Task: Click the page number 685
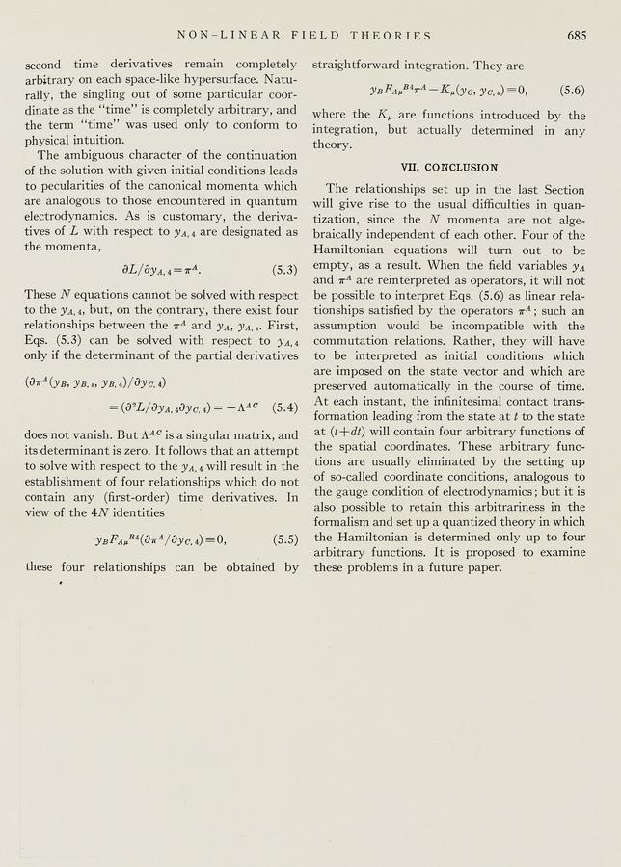click(577, 36)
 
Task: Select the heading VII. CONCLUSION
click(450, 167)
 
